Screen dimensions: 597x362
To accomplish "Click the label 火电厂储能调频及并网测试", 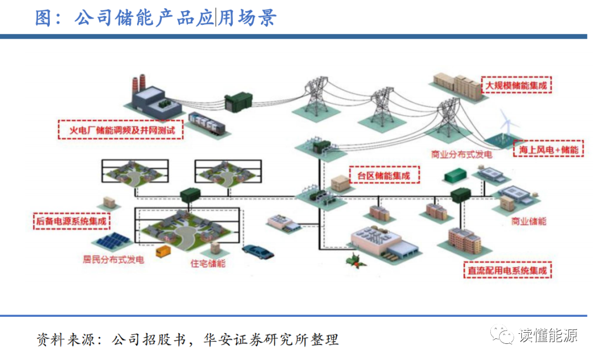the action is click(121, 130).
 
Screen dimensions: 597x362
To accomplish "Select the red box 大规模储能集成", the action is click(517, 85).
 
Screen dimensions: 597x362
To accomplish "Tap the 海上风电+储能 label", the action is click(549, 149).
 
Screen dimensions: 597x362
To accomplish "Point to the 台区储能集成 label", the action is click(384, 175).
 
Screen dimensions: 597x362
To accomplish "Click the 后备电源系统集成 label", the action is click(71, 221).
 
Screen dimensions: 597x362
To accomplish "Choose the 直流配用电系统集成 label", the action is click(507, 270).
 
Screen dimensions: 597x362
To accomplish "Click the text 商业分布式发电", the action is click(462, 155).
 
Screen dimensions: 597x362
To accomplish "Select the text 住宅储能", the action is click(208, 263).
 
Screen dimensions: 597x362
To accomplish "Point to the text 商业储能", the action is click(528, 221).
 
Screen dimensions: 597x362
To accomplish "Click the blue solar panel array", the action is click(112, 242).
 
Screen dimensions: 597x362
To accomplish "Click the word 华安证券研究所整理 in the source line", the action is click(271, 339).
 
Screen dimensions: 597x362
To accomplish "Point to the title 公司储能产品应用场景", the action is click(176, 18).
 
